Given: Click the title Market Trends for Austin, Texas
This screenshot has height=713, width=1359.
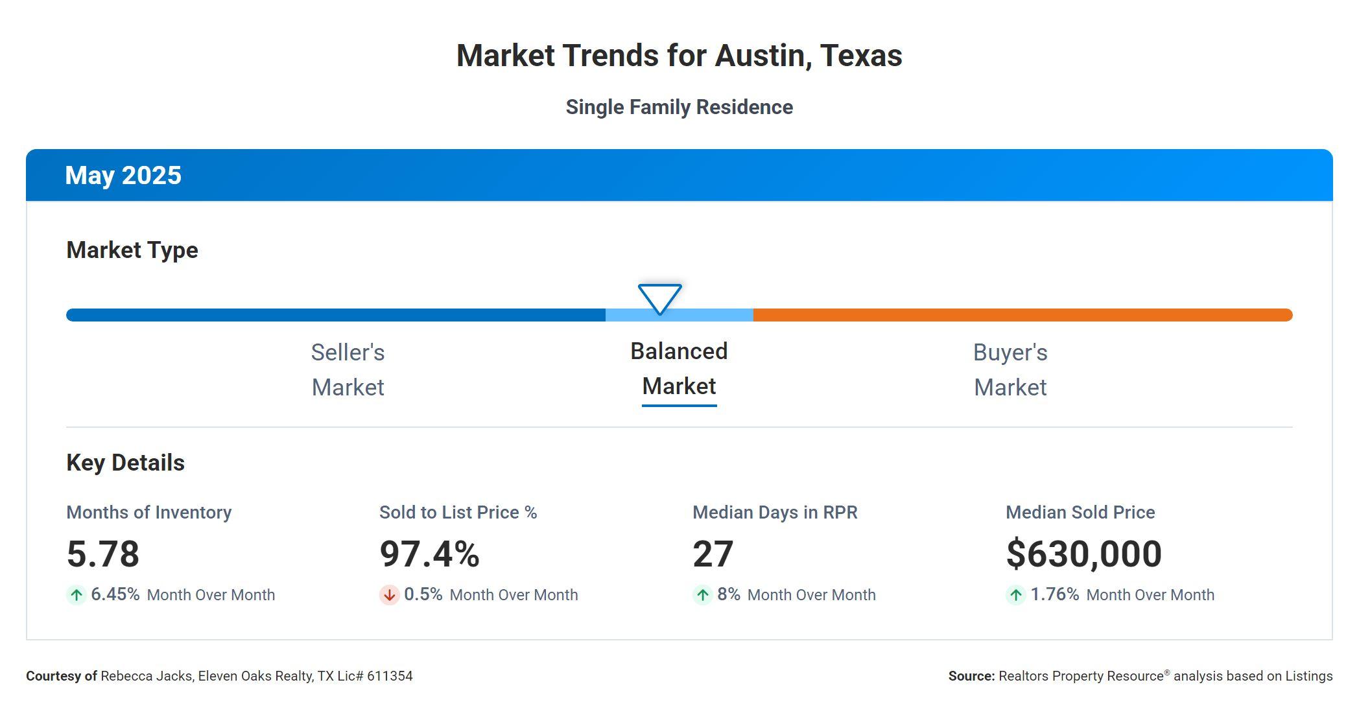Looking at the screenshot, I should coord(679,56).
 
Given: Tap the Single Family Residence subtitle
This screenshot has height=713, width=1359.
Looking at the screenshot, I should coord(679,107).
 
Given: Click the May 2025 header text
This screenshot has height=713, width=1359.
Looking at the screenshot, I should coord(123,176).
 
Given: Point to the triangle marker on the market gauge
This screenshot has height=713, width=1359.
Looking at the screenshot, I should coord(659,298).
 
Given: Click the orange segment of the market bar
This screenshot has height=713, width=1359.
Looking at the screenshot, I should coord(1022,315).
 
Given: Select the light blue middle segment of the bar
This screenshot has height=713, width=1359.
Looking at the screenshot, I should coord(713,316).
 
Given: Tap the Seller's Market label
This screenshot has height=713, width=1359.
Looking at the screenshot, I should coord(348,370).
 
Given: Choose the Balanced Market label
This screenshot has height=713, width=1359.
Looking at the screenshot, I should coord(679,369).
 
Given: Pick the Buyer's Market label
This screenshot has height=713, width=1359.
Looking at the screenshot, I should coord(1010,370).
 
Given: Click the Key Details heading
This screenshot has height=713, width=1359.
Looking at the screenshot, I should coord(125,463).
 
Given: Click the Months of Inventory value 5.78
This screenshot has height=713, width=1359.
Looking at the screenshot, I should coord(103,554).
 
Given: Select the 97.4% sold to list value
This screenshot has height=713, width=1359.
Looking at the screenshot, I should coord(429,554).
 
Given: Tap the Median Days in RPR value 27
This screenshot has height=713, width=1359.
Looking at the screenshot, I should coord(713,554).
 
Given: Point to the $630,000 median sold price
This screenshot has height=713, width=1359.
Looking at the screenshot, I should coord(1083,554).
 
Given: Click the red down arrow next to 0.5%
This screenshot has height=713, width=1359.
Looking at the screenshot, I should coord(389,595).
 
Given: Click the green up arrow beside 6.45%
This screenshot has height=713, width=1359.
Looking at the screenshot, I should coord(77,595).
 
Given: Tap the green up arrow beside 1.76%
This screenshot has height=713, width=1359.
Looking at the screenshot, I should coord(1015,595).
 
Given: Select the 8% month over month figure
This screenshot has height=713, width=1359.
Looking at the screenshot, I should coord(729,594).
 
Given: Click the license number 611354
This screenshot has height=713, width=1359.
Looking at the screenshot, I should coord(390,676).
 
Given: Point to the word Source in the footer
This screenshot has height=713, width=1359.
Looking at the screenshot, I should coord(971,676).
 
